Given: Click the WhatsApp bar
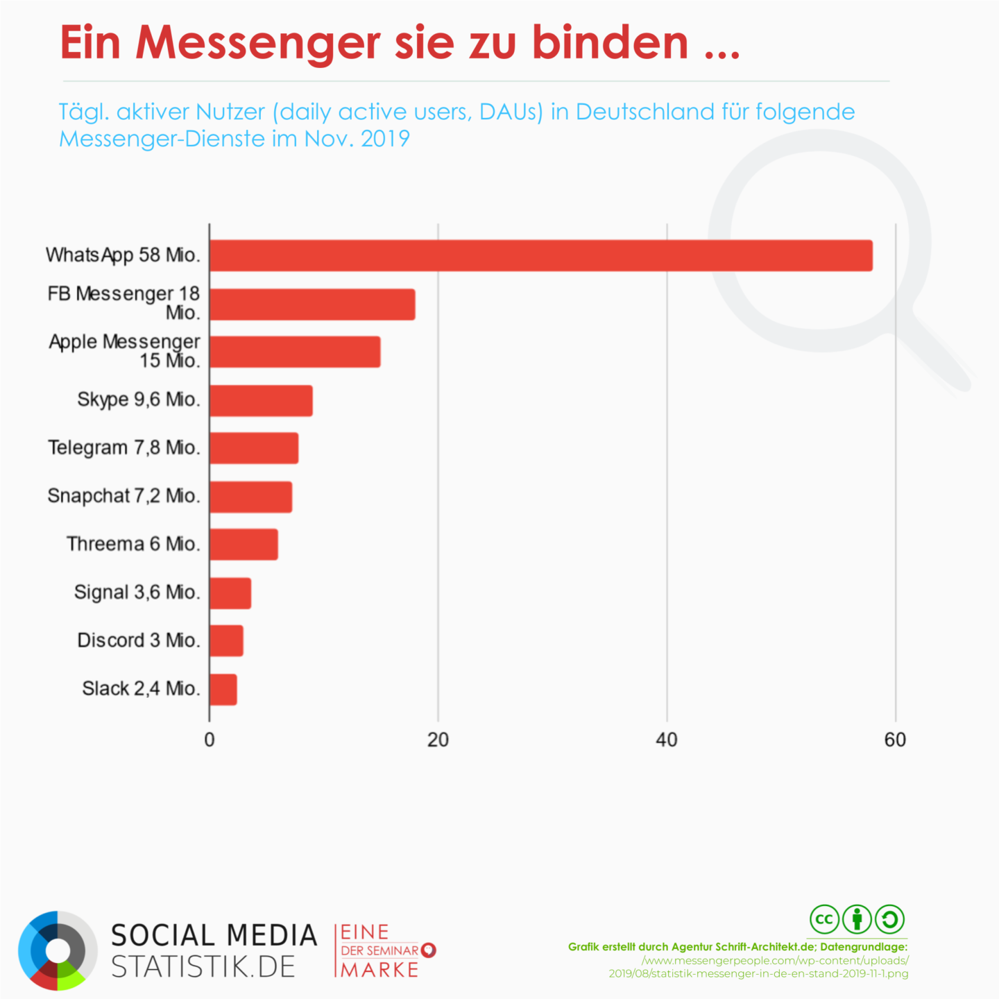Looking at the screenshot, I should coord(540,255).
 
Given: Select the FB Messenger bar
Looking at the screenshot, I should coord(312,305).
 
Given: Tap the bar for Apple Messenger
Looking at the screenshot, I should coord(295,352).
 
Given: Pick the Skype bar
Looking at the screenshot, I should coord(261,400).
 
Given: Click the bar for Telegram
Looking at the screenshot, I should coord(254,448).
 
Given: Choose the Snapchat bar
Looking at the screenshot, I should coord(250,497).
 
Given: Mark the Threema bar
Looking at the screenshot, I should coord(244,545).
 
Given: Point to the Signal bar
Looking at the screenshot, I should coord(230,593).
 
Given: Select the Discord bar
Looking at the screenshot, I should coord(226,640).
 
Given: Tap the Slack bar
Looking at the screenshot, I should coord(223,690).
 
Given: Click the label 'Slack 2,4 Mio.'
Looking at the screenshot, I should coord(141,688).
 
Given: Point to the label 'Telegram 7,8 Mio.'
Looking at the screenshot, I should coord(123,447).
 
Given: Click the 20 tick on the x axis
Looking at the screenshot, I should coord(438,740).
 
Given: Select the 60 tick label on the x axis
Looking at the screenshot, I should coord(895,740).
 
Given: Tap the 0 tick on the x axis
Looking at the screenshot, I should coord(210,740).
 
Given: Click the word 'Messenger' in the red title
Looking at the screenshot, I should coord(257,43).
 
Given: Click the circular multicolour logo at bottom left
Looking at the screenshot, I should coord(58,950).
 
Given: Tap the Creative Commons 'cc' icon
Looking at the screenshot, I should coord(824,920).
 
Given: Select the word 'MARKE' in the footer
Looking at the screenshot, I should coord(380,969).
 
